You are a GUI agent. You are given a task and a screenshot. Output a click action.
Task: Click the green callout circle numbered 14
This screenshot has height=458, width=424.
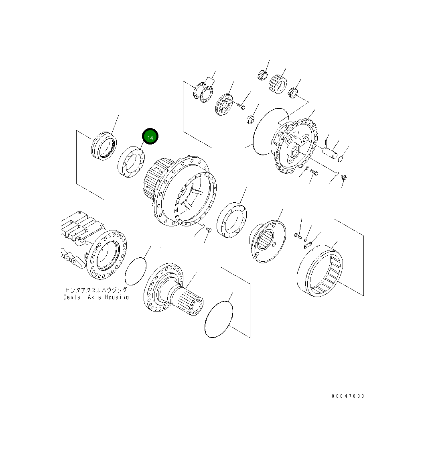click(150, 137)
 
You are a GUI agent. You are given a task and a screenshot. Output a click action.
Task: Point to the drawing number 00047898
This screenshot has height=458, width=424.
click(348, 396)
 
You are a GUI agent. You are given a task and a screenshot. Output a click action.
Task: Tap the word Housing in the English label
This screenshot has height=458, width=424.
click(117, 297)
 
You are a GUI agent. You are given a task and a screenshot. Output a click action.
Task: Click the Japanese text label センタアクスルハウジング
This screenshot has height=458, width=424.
click(96, 290)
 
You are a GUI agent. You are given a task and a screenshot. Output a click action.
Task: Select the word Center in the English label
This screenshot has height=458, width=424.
click(73, 297)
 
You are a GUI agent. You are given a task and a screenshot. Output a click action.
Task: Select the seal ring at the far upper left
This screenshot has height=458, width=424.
click(103, 147)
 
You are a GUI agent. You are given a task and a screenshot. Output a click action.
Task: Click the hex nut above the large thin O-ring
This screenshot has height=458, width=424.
click(250, 119)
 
